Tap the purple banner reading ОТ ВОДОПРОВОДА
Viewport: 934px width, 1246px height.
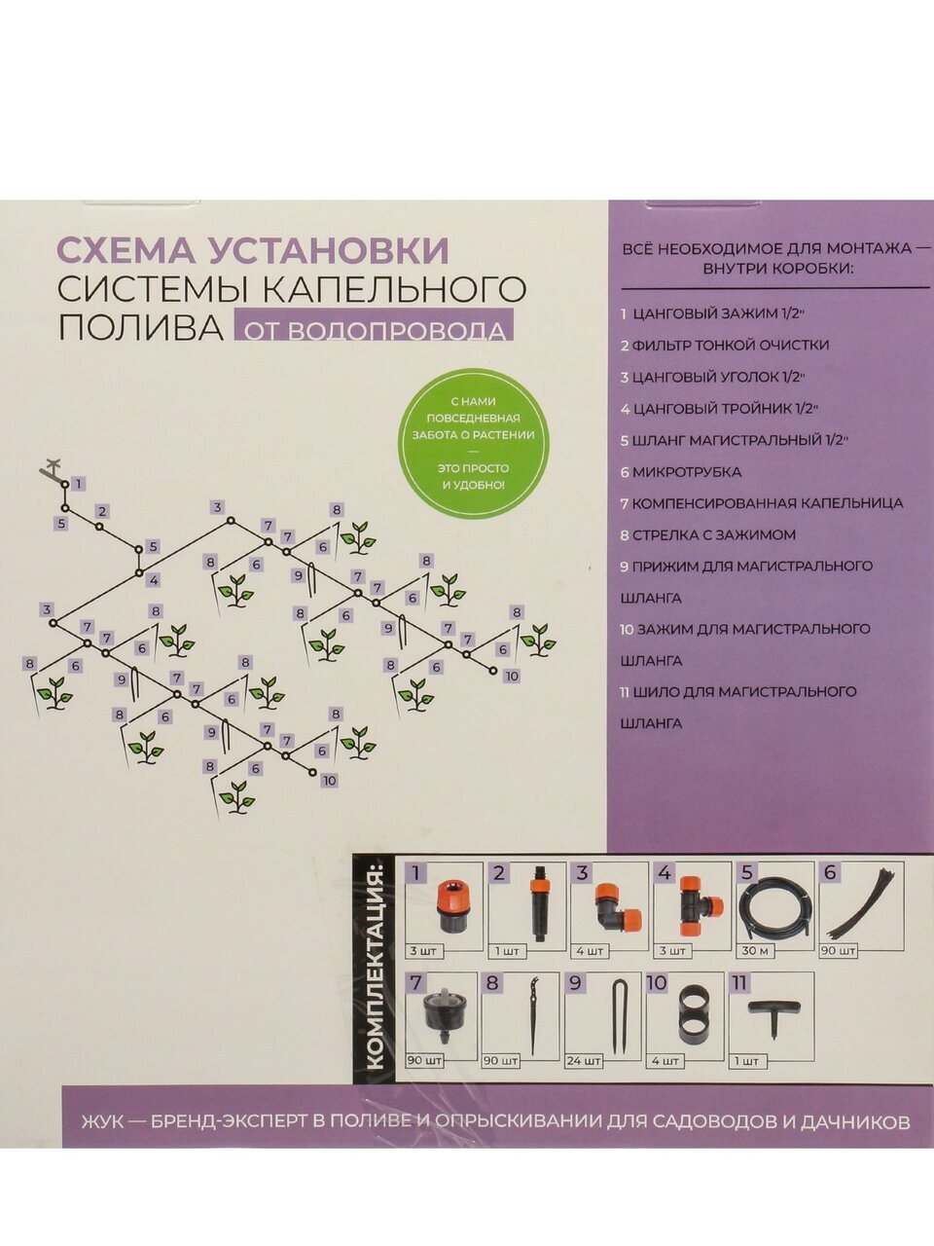374,325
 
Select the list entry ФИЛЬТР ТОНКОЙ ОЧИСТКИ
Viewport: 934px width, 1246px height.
725,346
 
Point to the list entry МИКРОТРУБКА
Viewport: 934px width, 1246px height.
681,472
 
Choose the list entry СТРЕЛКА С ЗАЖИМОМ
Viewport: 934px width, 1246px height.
708,534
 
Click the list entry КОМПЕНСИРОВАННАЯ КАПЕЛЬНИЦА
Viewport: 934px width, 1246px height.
762,503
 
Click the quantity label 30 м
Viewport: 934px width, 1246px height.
754,950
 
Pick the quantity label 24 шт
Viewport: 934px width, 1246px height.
584,1061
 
